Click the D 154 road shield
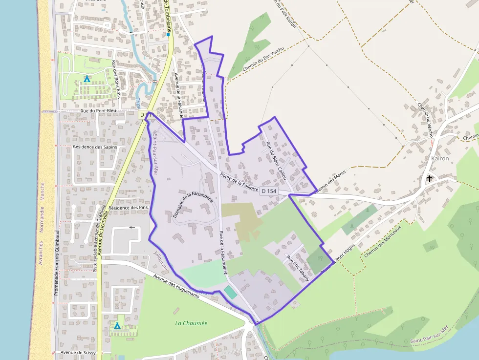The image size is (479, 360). pyautogui.click(x=269, y=191)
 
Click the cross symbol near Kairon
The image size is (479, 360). pyautogui.click(x=430, y=178)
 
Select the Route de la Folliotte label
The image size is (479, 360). pyautogui.click(x=238, y=180)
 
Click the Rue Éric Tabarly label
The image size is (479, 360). pyautogui.click(x=298, y=269)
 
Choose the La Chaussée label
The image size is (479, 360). pyautogui.click(x=191, y=323)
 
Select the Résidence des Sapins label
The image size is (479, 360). pyautogui.click(x=96, y=147)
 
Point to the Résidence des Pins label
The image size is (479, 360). pyautogui.click(x=128, y=208)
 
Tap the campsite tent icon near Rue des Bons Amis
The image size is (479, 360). pyautogui.click(x=87, y=78)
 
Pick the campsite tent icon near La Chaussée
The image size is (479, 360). pyautogui.click(x=117, y=325)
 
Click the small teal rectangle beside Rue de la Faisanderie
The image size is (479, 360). pyautogui.click(x=229, y=293)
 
